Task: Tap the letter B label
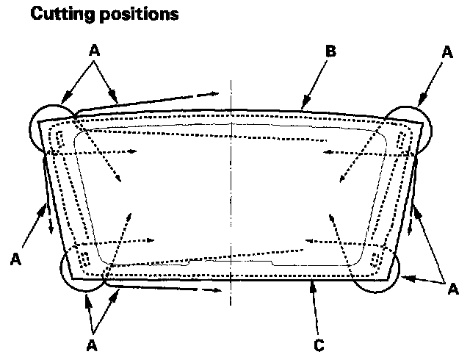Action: coord(330,51)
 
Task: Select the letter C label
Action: coord(318,343)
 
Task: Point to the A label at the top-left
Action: coord(93,51)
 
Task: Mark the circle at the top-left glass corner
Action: coord(53,126)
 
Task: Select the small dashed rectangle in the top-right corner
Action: coord(401,140)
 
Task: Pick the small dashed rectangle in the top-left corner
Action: coord(60,140)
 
